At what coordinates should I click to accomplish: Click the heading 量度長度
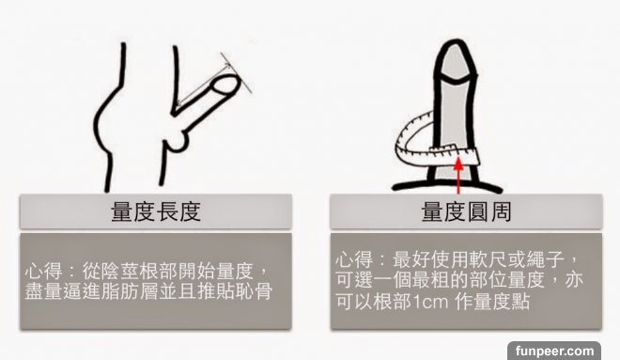156,211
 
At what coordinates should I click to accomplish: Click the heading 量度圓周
466,211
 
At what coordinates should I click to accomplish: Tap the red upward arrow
458,175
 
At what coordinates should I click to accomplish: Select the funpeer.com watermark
554,351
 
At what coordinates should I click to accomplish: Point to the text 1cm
430,303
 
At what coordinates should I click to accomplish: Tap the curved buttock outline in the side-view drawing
100,118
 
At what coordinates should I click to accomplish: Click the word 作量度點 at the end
492,303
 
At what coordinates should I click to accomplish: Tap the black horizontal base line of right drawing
447,185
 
